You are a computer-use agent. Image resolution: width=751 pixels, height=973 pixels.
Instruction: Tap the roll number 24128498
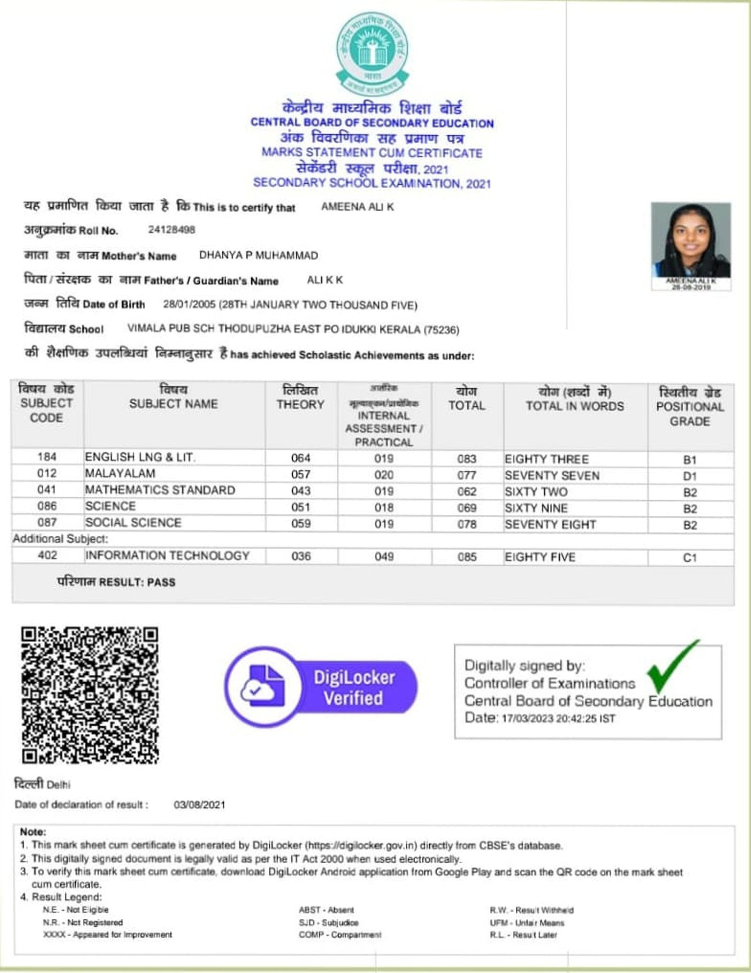171,230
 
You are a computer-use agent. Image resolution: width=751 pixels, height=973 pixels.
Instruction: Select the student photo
690,241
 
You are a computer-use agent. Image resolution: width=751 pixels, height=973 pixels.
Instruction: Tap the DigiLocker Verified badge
321,687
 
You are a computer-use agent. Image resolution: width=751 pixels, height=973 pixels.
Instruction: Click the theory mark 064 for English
300,458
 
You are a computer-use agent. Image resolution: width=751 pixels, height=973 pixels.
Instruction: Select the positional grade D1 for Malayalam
690,476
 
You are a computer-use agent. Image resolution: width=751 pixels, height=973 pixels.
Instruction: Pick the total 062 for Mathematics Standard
467,491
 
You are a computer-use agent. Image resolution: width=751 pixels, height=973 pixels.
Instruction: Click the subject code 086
47,506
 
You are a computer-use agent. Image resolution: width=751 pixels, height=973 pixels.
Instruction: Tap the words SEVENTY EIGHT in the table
550,524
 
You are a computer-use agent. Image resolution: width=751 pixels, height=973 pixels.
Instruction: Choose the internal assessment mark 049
383,557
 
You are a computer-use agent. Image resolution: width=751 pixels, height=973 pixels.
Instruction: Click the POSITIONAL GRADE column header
690,406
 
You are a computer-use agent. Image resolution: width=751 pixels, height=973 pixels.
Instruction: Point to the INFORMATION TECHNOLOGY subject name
167,556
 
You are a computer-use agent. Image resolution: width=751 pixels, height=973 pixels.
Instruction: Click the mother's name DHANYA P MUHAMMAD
259,255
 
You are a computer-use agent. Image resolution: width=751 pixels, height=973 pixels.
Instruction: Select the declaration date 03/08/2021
199,804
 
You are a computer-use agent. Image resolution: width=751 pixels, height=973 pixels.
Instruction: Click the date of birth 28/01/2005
189,305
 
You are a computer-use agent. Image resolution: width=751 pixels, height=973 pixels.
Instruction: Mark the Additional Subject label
60,539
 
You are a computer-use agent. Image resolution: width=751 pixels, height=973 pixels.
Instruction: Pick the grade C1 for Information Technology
690,558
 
